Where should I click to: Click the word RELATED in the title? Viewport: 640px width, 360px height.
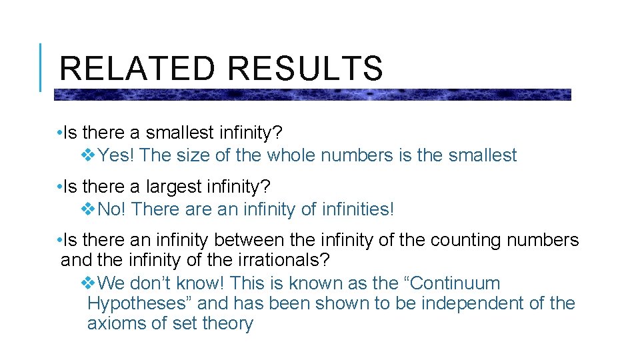137,69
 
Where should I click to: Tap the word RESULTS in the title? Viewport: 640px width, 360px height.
305,69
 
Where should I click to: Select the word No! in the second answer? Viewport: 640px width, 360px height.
113,209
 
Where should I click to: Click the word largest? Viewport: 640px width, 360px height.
176,187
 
